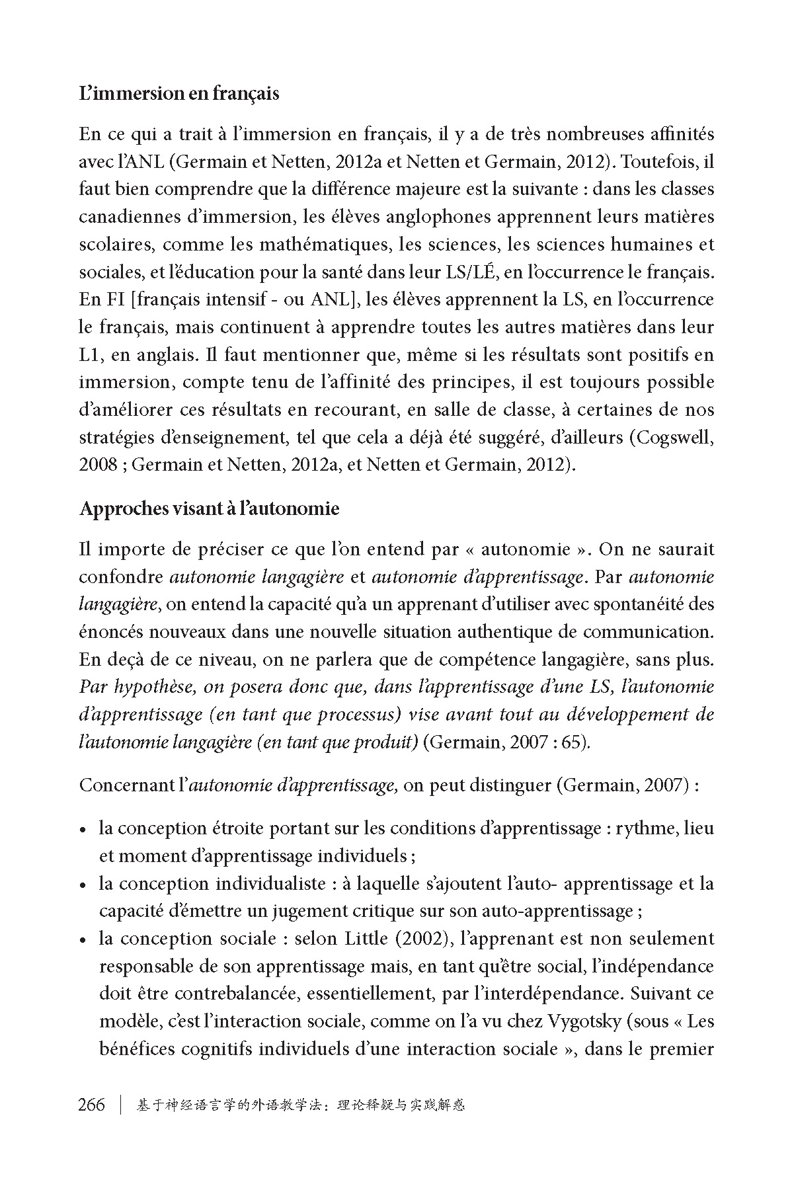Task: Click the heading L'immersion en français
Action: click(x=178, y=94)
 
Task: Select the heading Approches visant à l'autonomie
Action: click(x=209, y=509)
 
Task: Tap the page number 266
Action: click(x=92, y=1105)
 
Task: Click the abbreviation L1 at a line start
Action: click(x=89, y=355)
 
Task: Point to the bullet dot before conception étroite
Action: click(x=83, y=830)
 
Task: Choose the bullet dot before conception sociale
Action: click(x=83, y=940)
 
